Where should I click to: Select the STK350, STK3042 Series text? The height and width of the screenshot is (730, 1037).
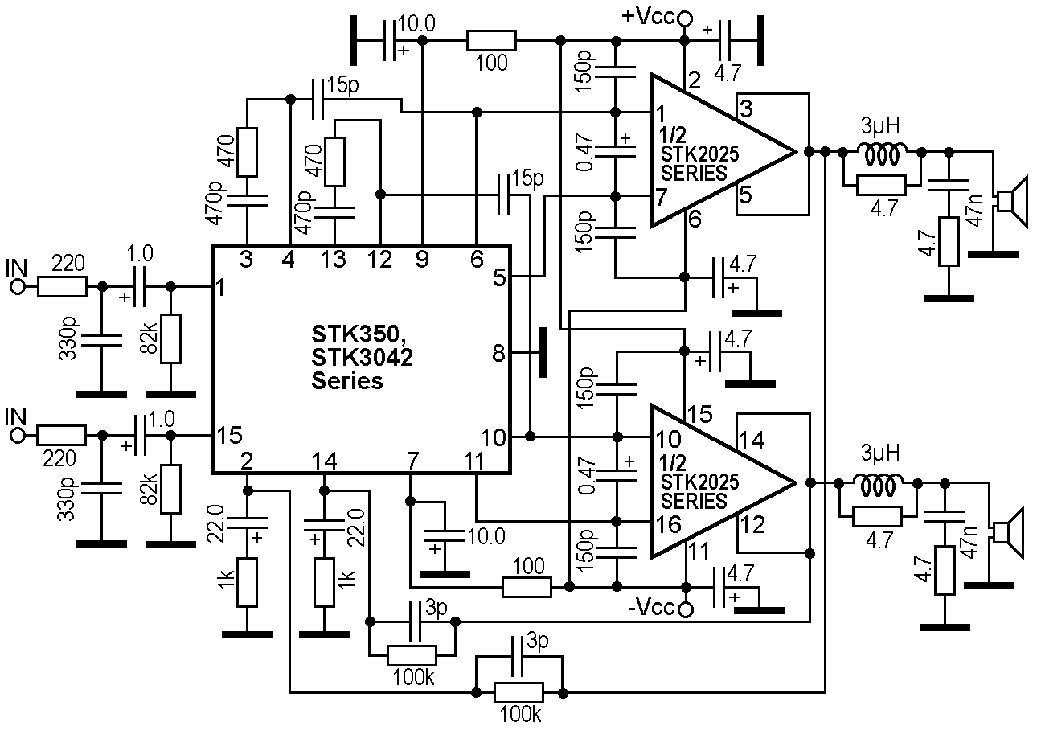coord(362,356)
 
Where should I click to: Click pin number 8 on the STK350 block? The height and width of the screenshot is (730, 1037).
coord(498,352)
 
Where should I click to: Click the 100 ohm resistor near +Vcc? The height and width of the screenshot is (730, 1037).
coord(490,40)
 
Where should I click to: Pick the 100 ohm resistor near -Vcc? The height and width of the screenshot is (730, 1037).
coord(527,587)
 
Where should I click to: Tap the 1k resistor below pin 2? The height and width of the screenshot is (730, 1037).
coord(248,582)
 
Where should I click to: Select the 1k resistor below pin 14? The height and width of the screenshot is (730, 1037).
coord(324,582)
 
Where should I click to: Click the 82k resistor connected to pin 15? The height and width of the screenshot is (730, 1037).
coord(170,488)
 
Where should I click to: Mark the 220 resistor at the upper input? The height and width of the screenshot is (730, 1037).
coord(61,286)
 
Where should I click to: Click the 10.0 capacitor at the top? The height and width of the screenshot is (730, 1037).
coord(391,40)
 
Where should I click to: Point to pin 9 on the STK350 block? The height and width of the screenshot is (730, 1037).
coord(422,260)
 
